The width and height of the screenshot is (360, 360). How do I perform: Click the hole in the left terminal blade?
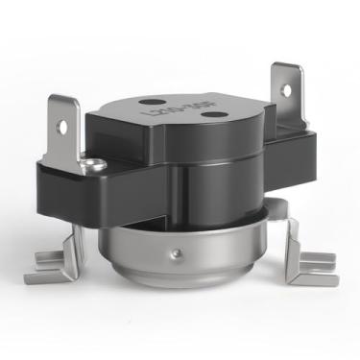[x=64, y=124]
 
